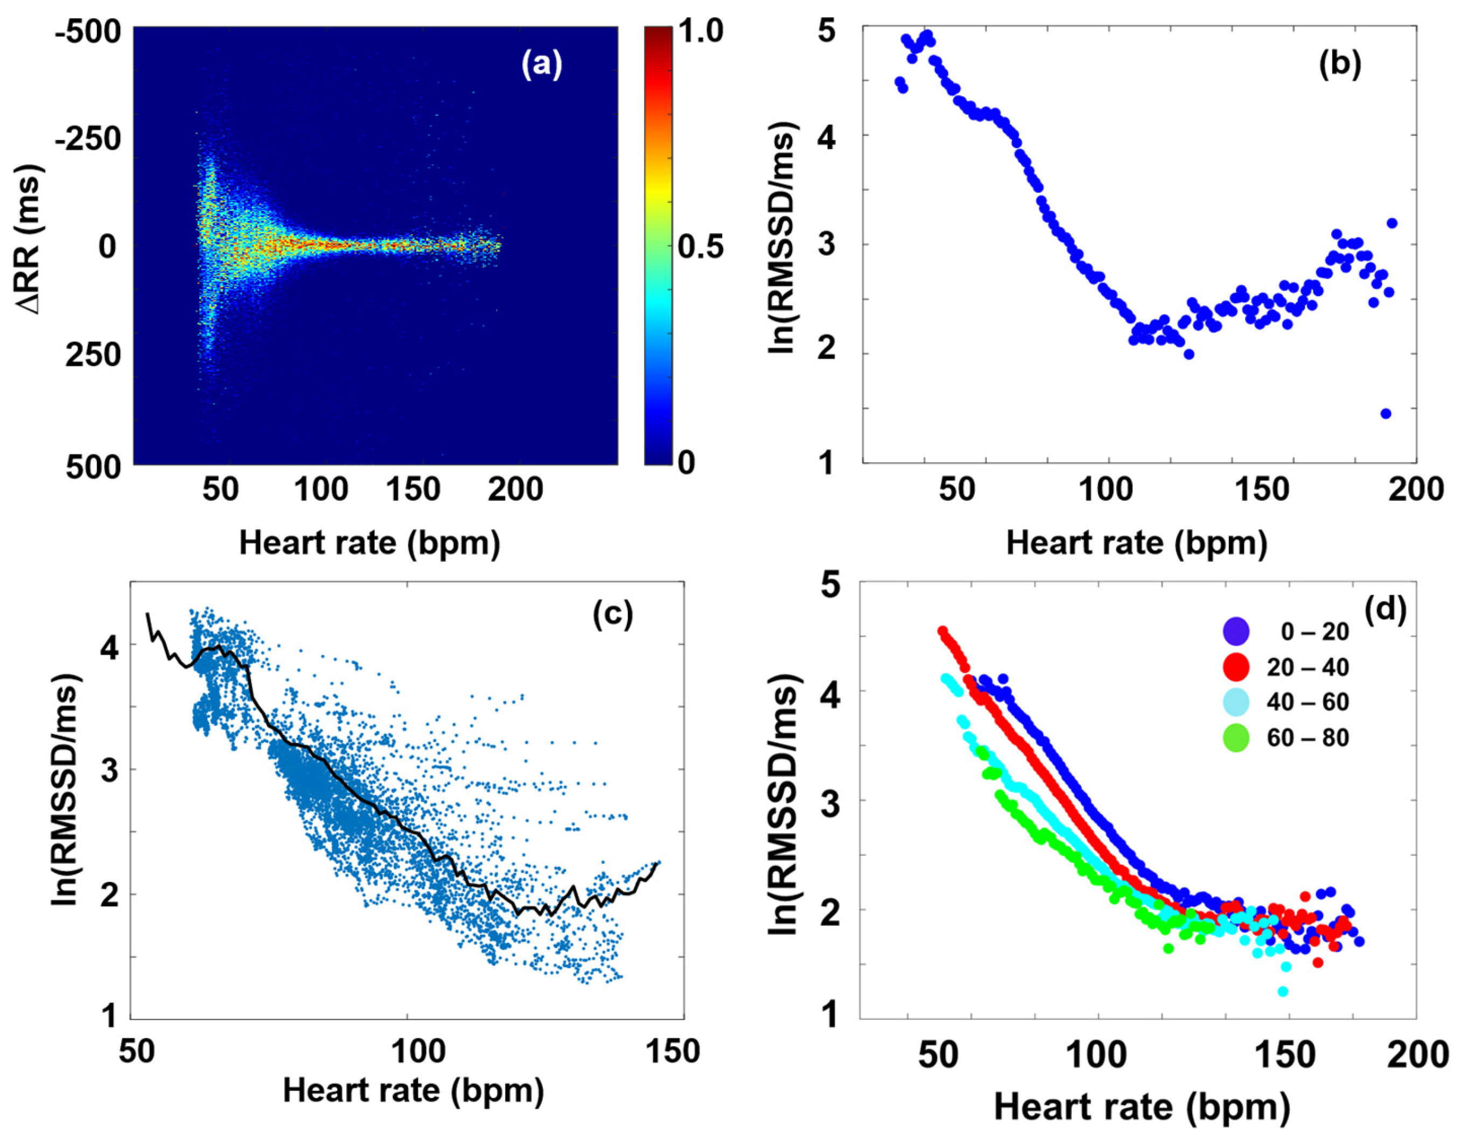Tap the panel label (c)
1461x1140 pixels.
(x=613, y=616)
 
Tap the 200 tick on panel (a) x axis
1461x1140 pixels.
(x=514, y=491)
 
